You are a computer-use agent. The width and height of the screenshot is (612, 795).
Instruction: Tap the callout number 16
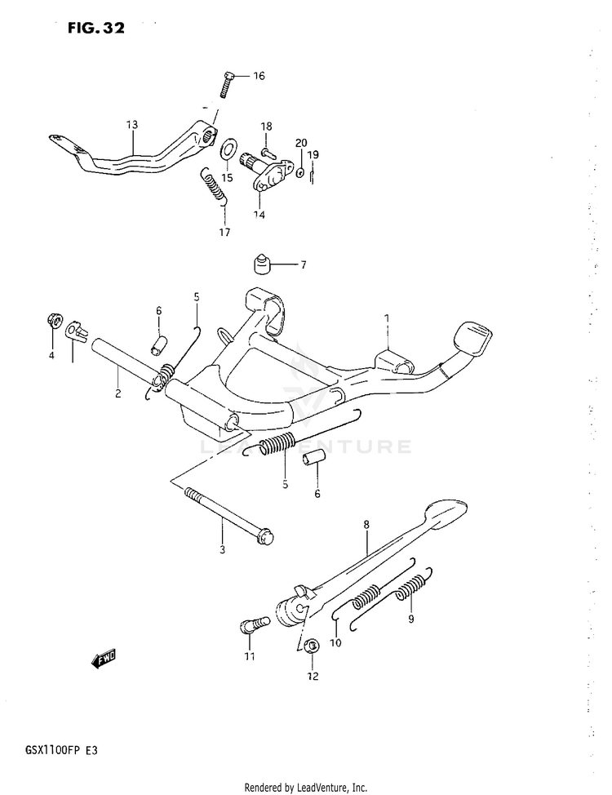259,77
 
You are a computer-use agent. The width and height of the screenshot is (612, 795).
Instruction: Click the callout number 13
132,125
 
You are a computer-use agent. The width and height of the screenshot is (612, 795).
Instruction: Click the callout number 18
266,127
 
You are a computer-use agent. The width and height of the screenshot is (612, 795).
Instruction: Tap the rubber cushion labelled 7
260,266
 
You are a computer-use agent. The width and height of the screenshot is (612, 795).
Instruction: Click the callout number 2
118,393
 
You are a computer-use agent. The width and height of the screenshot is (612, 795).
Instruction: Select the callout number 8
366,525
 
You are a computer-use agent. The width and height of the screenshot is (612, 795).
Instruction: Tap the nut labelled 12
310,646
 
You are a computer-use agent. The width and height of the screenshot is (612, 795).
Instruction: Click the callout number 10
335,642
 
